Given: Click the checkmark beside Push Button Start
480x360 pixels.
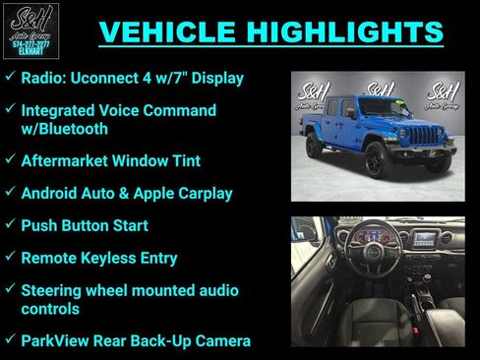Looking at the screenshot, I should (x=10, y=225).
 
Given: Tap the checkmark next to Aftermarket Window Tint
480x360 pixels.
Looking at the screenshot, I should (x=10, y=159).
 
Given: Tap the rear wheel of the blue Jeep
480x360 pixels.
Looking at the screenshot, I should (x=314, y=146).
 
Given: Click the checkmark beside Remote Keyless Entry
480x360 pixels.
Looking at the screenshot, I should (x=10, y=258).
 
